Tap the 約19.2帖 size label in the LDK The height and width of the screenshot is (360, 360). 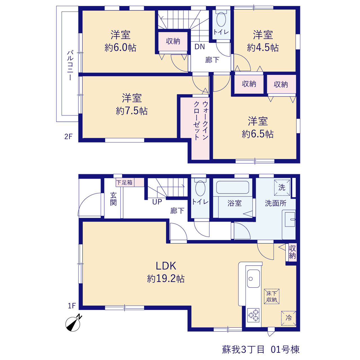tap(166, 279)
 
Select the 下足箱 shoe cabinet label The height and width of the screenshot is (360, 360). tap(124, 182)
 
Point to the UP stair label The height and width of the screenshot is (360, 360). tap(157, 202)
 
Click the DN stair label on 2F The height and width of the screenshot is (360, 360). tap(199, 47)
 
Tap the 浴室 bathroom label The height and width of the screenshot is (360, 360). tap(235, 203)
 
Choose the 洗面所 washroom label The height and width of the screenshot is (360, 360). tap(276, 203)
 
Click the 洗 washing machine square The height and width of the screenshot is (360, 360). tap(282, 187)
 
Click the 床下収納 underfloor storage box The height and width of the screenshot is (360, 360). tap(272, 296)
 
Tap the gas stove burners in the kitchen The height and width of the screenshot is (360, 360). tap(253, 315)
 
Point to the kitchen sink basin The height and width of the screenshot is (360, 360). tap(253, 278)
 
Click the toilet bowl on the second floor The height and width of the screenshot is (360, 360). tap(221, 19)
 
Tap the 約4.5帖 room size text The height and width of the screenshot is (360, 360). tap(263, 48)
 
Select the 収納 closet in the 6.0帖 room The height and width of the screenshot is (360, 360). tap(173, 41)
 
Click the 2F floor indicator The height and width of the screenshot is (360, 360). tap(68, 137)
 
